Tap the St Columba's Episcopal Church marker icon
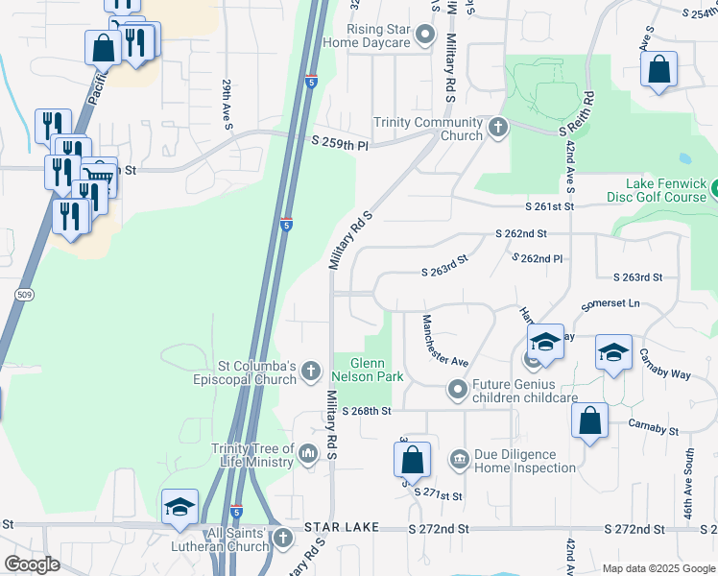coord(310,371)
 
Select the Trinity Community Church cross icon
coord(497,128)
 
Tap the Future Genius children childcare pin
coord(457,390)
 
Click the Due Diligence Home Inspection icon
coord(459,460)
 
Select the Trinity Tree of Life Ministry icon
coord(308,452)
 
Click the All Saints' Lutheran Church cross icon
coord(281,538)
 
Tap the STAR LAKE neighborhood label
coord(342,529)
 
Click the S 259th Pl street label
coord(340,142)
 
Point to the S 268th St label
coord(366,411)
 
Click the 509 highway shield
coord(25,294)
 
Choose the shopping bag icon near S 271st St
coord(412,459)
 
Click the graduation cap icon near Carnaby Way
coord(613,352)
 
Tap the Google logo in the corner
coord(32,564)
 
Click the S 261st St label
coord(549,206)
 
